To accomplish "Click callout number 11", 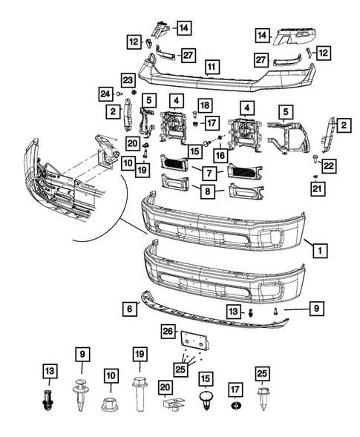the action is pyautogui.click(x=212, y=68).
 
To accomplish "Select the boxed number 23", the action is pyautogui.click(x=128, y=81).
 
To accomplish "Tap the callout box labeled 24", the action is pyautogui.click(x=105, y=94).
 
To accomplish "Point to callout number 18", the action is pyautogui.click(x=205, y=105).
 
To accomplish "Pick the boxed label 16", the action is pyautogui.click(x=220, y=155).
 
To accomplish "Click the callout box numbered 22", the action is pyautogui.click(x=329, y=166).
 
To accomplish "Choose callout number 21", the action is pyautogui.click(x=318, y=189).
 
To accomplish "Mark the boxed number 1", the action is pyautogui.click(x=320, y=250).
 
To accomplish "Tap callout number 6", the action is pyautogui.click(x=130, y=309).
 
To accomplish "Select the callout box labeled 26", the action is pyautogui.click(x=168, y=332).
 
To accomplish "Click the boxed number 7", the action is pyautogui.click(x=209, y=174).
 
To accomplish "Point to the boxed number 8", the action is pyautogui.click(x=208, y=191).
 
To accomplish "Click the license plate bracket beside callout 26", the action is pyautogui.click(x=195, y=341).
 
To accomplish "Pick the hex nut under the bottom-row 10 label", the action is pyautogui.click(x=110, y=404).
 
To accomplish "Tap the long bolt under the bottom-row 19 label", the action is pyautogui.click(x=140, y=393).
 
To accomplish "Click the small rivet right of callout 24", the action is pyautogui.click(x=120, y=94).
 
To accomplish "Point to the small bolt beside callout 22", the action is pyautogui.click(x=315, y=159).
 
